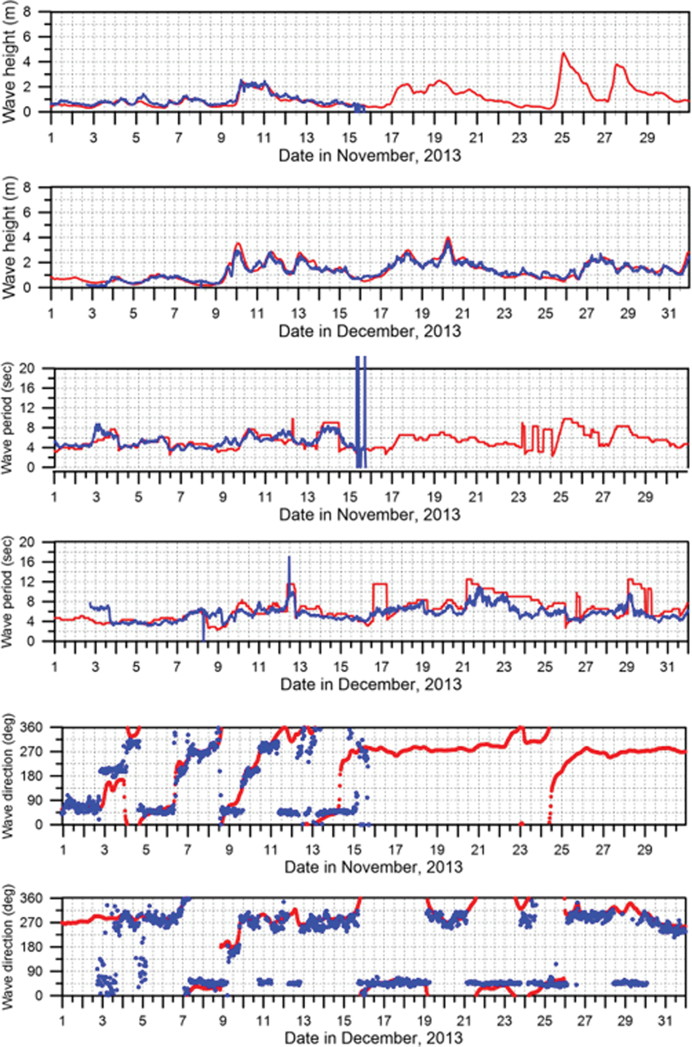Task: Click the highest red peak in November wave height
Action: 563,53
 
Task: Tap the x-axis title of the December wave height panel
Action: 370,331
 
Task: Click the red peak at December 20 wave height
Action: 448,238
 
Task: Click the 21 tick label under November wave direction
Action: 479,849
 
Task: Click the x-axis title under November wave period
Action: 370,515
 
